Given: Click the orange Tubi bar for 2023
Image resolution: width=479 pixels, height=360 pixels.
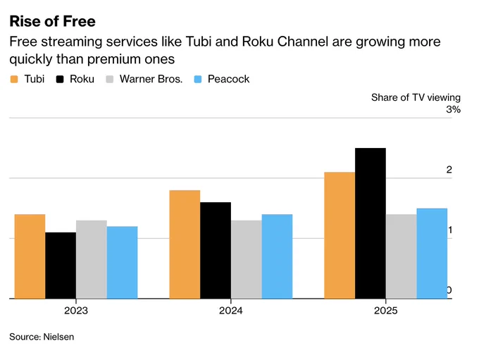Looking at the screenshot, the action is (x=30, y=256).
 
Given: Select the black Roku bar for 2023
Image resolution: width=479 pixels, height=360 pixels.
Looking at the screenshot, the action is (x=61, y=266).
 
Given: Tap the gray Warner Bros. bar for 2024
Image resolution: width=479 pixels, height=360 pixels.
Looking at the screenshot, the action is (x=247, y=259).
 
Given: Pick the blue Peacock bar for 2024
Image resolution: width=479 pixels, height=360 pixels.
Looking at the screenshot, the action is (x=277, y=256).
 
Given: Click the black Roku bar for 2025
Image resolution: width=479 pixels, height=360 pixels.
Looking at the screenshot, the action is (x=371, y=223).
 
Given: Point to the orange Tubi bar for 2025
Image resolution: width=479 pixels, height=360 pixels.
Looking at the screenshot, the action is (x=340, y=235).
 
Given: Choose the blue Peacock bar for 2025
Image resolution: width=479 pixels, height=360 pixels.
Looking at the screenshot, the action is (x=432, y=254).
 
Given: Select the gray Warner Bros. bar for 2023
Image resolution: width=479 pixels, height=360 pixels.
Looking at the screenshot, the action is (x=92, y=259).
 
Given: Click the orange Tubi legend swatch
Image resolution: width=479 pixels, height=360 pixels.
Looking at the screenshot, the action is (x=14, y=80).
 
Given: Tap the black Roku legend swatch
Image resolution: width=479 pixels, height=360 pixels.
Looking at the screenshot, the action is (x=60, y=80).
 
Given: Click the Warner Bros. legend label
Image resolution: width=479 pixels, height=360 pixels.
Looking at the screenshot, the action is (x=151, y=79).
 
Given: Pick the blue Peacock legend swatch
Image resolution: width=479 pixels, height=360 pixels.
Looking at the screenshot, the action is (x=198, y=80).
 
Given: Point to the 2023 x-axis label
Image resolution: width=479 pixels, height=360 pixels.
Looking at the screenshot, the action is (x=76, y=311).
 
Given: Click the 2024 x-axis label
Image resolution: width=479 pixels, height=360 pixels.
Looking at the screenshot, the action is (x=231, y=311).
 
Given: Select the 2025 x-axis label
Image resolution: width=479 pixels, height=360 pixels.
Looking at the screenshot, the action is (x=386, y=311).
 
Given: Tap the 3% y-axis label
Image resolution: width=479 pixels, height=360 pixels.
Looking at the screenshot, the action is (x=454, y=109).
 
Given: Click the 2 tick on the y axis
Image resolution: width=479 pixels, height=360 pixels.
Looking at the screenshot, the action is (x=449, y=170).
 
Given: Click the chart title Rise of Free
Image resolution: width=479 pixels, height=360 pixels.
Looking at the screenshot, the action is (x=53, y=21).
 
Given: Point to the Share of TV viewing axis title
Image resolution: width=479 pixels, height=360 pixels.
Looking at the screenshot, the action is (x=416, y=97).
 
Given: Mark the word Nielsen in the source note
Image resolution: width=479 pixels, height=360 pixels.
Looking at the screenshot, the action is (x=58, y=337).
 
